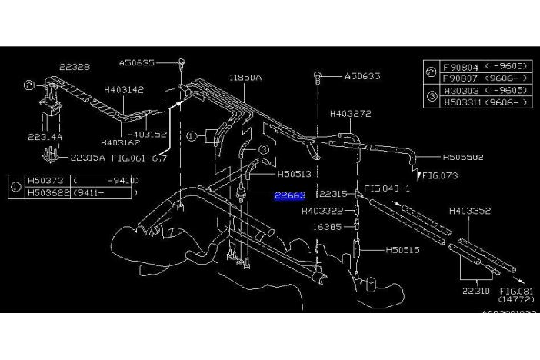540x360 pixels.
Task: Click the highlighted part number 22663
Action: coord(290,196)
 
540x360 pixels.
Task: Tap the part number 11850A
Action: coord(245,78)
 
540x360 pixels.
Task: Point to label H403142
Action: coord(124,89)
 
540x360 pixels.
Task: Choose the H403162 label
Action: coord(121,142)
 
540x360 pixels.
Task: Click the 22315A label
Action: coord(88,158)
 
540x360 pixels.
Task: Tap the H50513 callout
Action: coord(295,174)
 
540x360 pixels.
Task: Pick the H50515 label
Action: coord(402,250)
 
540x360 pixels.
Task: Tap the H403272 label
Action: coord(351,113)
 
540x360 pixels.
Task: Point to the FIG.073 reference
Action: coord(440,175)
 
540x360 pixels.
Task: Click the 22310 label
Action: coord(476,292)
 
